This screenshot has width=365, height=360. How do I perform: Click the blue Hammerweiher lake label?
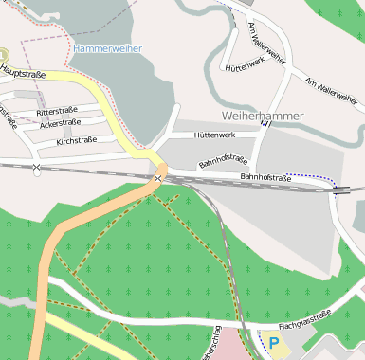coord(107,48)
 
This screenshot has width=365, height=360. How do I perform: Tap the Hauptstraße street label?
coord(24,70)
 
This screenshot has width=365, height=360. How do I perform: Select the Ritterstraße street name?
coord(56,112)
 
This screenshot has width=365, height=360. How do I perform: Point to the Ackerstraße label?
coord(61,123)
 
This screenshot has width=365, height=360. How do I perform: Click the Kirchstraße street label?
coord(77,140)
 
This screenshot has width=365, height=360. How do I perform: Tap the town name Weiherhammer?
coord(262,116)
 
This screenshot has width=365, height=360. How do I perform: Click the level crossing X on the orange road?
coord(157,178)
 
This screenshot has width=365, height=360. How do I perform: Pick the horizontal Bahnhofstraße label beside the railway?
coord(265,177)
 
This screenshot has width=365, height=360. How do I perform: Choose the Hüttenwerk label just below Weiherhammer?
coord(213,135)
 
